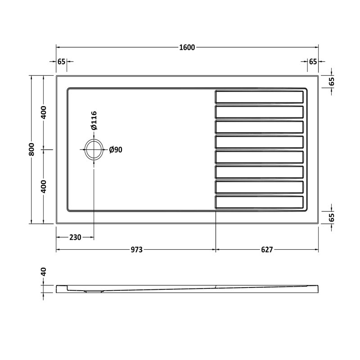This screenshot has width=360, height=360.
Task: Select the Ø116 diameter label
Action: tap(94, 121)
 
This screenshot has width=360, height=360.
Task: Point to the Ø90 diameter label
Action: tap(116, 150)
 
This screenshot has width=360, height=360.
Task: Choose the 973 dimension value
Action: tap(137, 250)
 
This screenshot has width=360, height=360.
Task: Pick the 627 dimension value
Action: tap(267, 250)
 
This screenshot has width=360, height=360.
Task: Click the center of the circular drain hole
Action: tap(94, 149)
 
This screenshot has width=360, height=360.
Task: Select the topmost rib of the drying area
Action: tap(259, 97)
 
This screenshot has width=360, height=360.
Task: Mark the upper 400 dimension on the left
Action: tap(44, 112)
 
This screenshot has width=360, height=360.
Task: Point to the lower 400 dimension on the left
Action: tap(44, 186)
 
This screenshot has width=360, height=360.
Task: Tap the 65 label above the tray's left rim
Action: tap(62, 62)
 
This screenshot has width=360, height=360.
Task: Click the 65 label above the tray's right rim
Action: tap(313, 62)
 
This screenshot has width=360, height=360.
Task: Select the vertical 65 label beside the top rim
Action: tap(332, 81)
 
